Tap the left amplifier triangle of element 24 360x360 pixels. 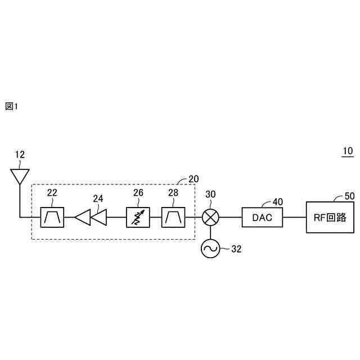coord(83,217)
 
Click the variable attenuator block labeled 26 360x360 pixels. coord(137,217)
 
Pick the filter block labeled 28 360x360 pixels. coord(172,217)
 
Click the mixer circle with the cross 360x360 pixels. coord(210,217)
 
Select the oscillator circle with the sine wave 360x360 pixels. coord(210,247)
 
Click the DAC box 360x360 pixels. coord(262,217)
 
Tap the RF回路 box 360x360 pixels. coord(331,217)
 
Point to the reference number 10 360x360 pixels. coord(347,151)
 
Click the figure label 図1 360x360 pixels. coord(12,106)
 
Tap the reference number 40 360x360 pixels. coord(277,201)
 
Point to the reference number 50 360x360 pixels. coord(349,196)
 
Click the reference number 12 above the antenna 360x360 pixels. coord(20,154)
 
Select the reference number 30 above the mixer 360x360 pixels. coord(210,194)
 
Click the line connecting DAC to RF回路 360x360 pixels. coord(294,217)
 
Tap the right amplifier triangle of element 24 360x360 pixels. coord(100,217)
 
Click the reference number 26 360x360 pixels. coord(138,193)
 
